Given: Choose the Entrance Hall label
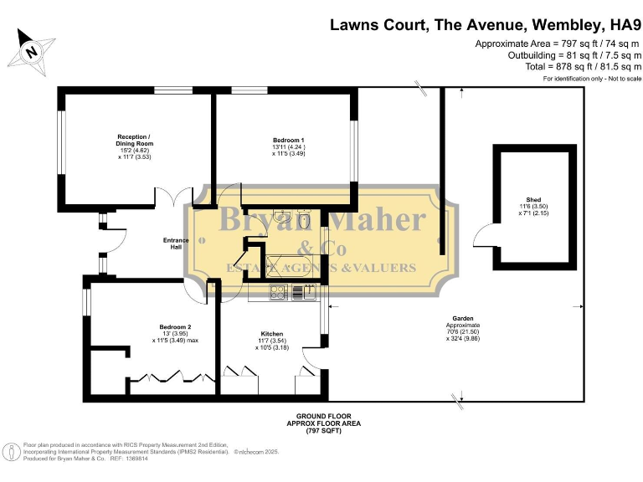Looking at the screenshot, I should [176, 244].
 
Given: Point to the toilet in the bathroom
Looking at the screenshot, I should [306, 219].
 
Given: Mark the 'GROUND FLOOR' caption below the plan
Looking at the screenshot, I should [323, 416].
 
